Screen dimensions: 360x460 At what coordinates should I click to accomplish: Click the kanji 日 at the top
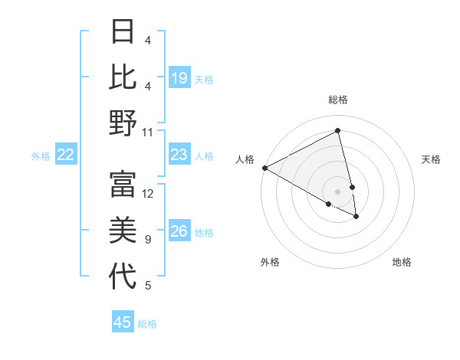click(123, 31)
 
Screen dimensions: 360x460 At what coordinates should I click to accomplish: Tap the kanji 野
click(123, 123)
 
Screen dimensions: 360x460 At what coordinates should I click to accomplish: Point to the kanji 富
click(123, 185)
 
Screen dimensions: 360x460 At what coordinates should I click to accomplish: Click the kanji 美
click(123, 231)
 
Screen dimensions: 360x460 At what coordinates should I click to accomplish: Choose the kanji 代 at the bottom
click(123, 277)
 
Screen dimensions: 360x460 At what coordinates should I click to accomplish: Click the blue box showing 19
click(179, 77)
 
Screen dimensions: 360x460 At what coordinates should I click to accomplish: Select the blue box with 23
click(179, 155)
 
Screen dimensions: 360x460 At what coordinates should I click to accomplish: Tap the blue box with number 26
click(179, 231)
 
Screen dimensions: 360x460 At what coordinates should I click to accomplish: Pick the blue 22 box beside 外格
click(66, 155)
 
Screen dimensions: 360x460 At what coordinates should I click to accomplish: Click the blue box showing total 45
click(123, 322)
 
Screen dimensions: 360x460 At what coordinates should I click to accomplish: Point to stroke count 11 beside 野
click(148, 132)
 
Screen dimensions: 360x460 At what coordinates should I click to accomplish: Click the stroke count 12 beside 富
click(148, 193)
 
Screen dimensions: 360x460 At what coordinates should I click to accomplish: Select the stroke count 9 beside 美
click(148, 240)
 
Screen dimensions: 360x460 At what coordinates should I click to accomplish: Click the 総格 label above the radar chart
click(338, 100)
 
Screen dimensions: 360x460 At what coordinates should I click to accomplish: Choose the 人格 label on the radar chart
click(245, 159)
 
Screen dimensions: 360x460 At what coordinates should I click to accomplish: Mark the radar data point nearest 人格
click(264, 168)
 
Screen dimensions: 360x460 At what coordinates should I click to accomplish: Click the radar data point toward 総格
click(338, 131)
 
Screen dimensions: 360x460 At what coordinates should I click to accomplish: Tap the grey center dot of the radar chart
click(338, 191)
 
